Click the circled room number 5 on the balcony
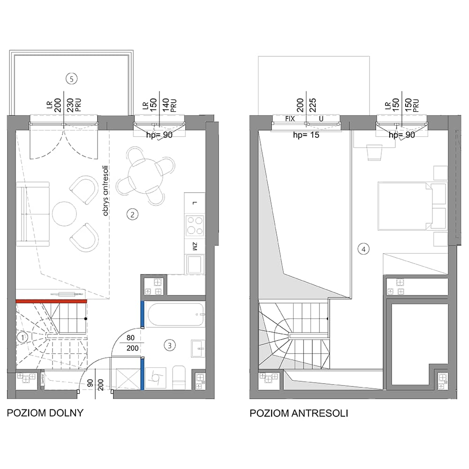point(71,79)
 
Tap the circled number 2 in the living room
point(133,214)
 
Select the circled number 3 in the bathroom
point(170,346)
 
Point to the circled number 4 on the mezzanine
point(363,249)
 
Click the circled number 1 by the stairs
point(22,338)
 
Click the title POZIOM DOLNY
point(45,413)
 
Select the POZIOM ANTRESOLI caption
point(299,413)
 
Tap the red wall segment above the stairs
point(51,301)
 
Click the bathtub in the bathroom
point(176,315)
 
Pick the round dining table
point(146,176)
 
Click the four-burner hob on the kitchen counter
point(195,226)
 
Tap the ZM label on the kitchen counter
point(195,247)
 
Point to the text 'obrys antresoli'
point(105,191)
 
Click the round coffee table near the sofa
point(64,214)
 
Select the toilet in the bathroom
point(179,377)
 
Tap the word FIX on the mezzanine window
point(290,119)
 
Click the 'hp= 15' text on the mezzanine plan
point(306,135)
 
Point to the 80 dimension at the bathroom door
point(130,338)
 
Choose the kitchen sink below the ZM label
point(195,265)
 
